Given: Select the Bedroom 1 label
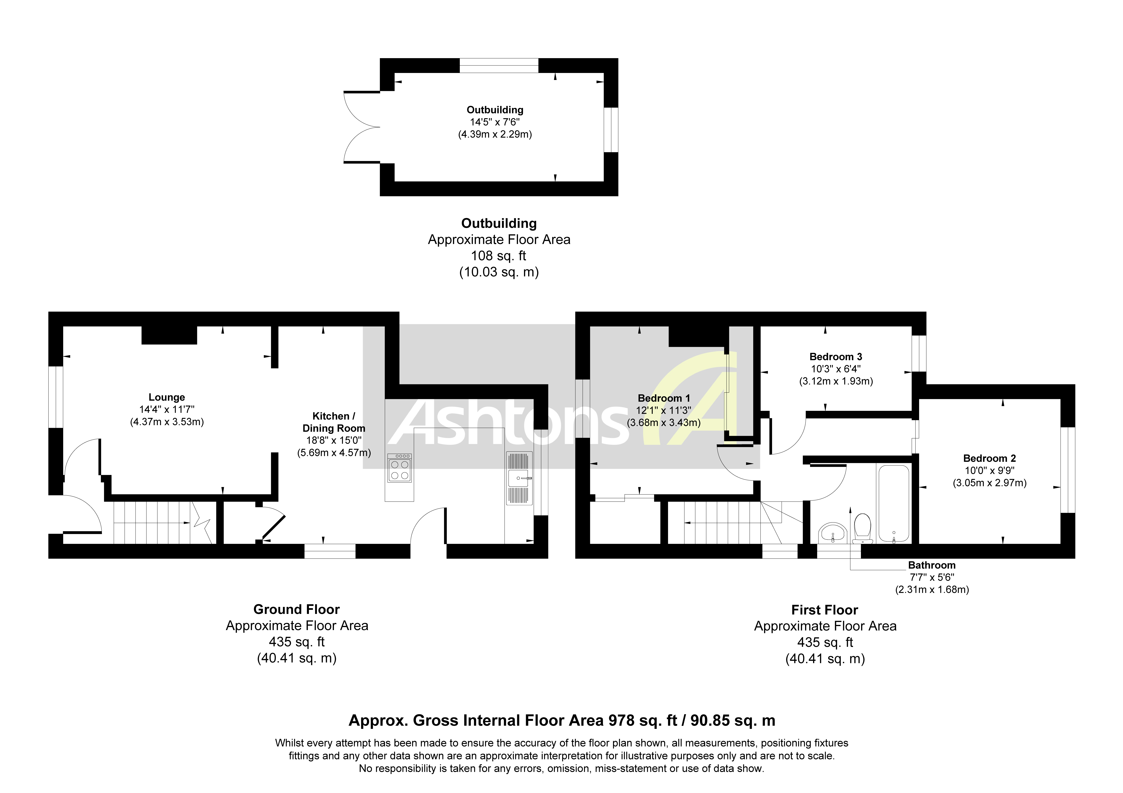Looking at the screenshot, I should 664,398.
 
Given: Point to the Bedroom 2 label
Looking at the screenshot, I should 989,458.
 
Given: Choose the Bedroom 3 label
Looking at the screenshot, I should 835,356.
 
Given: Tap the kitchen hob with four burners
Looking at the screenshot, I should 399,468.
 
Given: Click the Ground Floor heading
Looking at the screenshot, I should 296,609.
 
